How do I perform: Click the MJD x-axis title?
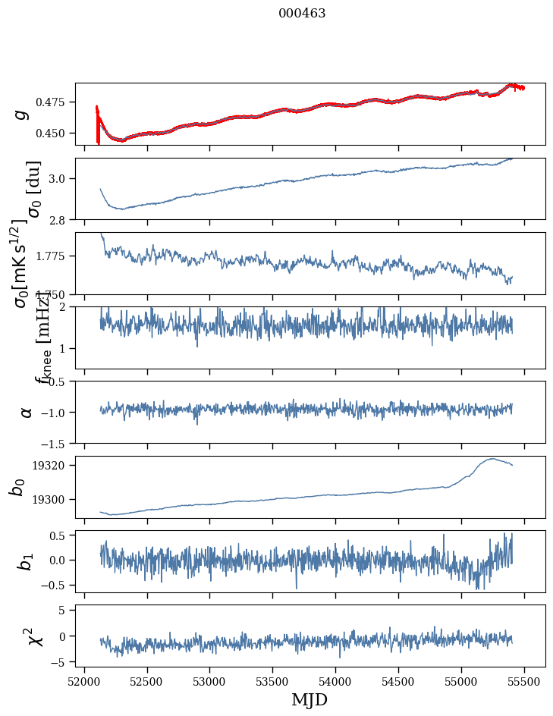(x=309, y=700)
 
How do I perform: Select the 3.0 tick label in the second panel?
(x=61, y=179)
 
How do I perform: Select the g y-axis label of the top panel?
(x=22, y=114)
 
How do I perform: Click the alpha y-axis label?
(x=27, y=412)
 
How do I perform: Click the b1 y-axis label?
(x=26, y=561)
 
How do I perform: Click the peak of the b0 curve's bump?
(x=493, y=458)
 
